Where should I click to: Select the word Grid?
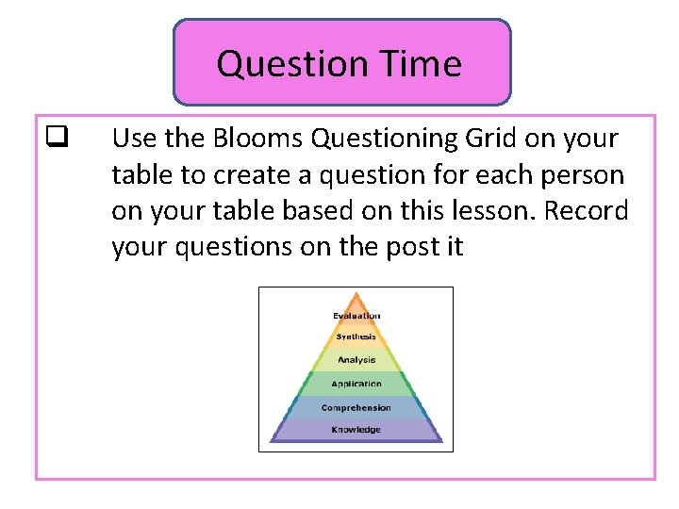point(498,139)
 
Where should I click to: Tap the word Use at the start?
point(133,139)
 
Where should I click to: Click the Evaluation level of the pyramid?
point(356,316)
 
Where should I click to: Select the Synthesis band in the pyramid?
point(356,337)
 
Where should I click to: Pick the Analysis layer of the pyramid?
point(356,359)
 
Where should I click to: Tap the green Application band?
point(356,384)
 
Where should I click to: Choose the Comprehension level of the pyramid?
point(356,407)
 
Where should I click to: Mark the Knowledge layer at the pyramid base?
point(356,430)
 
